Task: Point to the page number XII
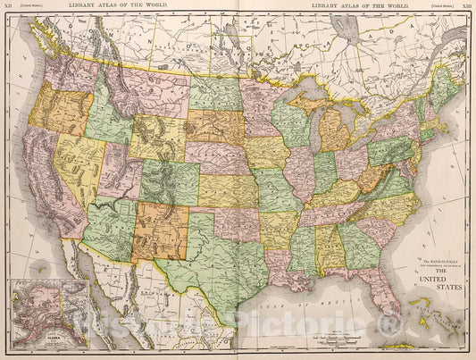pos(10,6)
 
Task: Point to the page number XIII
pos(466,6)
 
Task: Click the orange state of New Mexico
pos(161,228)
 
